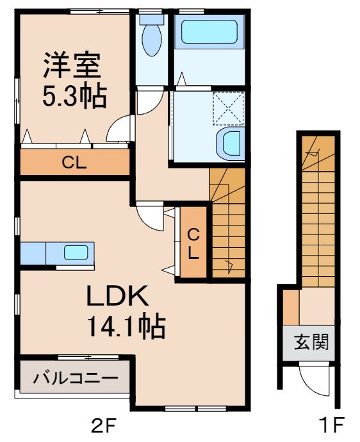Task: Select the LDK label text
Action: click(x=119, y=297)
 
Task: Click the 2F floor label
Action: click(x=102, y=425)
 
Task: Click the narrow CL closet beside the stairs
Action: click(x=193, y=243)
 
